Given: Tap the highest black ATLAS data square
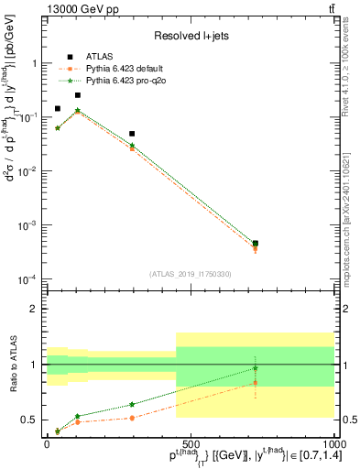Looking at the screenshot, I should [x=78, y=95].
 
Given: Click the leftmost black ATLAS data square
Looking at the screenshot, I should [x=58, y=108].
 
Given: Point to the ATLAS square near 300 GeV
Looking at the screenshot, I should [x=132, y=134].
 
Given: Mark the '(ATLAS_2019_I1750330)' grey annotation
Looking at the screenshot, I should [x=190, y=273].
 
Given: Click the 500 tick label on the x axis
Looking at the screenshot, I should [x=190, y=442].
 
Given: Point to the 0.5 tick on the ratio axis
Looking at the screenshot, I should [x=32, y=420].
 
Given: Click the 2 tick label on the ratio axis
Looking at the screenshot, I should [x=36, y=310].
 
